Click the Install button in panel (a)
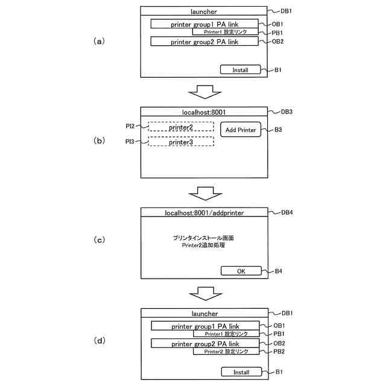(240, 70)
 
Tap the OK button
(241, 271)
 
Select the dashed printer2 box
(181, 127)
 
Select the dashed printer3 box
(181, 142)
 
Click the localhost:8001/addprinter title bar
(204, 213)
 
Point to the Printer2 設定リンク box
(226, 351)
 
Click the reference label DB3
(287, 112)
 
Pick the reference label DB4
(287, 213)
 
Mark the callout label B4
(279, 271)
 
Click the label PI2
(130, 126)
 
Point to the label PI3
(130, 141)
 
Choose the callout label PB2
(278, 351)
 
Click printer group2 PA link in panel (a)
(205, 42)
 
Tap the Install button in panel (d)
(241, 372)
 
